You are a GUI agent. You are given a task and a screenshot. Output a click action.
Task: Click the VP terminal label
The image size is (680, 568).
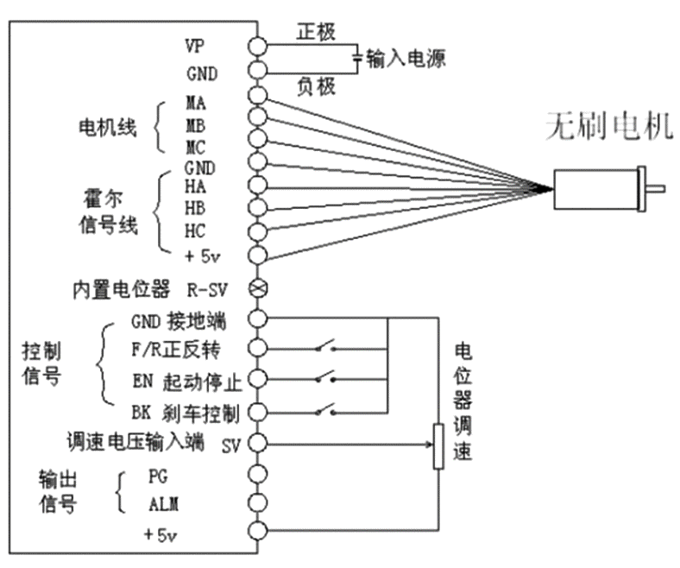pos(195,44)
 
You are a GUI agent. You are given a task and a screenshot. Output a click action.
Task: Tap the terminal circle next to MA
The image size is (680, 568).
pos(257,94)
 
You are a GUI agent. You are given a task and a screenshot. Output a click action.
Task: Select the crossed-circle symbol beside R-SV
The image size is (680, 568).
pos(257,287)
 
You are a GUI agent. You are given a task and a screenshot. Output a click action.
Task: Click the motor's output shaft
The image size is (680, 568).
pos(656,188)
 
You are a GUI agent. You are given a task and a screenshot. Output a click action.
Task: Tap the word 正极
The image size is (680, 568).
pos(314,31)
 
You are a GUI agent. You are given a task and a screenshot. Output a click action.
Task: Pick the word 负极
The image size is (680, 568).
pos(314,87)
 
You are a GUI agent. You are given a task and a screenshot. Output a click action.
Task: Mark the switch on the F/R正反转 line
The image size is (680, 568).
pos(325,349)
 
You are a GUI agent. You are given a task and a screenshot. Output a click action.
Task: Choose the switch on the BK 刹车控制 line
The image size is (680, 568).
pos(325,411)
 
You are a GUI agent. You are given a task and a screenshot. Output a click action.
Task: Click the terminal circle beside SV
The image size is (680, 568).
pos(257,444)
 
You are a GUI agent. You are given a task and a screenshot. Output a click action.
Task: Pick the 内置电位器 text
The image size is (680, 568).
pos(121,287)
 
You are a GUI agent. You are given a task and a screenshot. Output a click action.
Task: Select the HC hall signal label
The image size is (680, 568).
pos(195,230)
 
